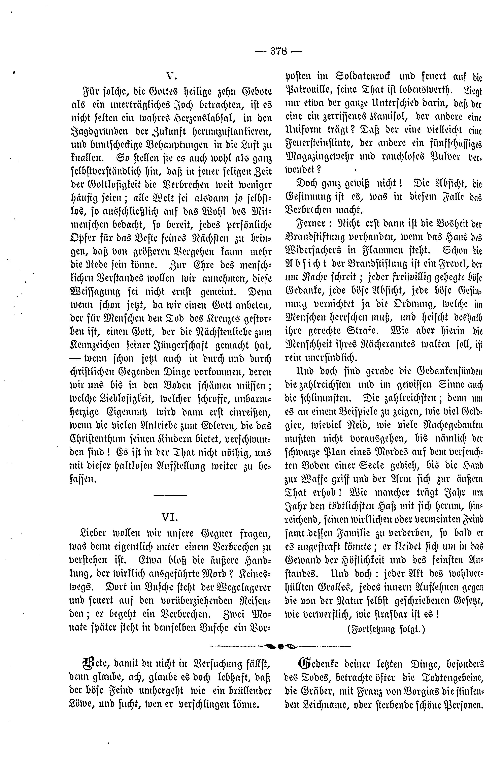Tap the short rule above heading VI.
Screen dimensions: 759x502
[x=170, y=496]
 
